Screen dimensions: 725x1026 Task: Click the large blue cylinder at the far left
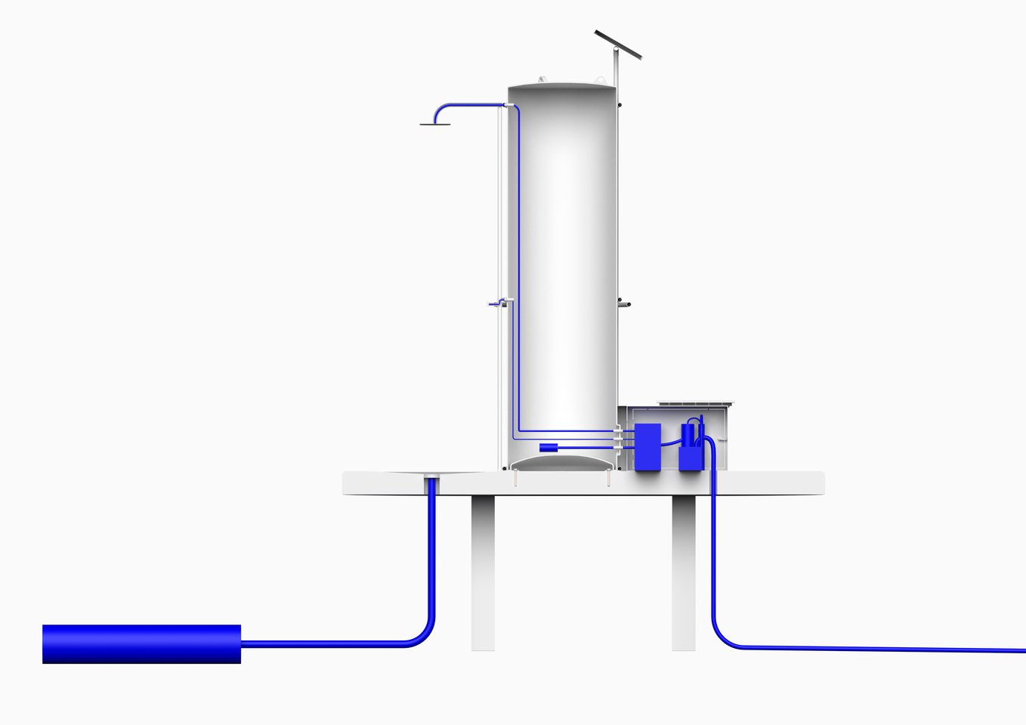click(141, 644)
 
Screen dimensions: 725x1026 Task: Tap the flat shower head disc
click(434, 123)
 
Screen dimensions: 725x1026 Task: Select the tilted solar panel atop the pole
click(618, 45)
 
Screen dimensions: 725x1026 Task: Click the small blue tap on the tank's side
click(495, 304)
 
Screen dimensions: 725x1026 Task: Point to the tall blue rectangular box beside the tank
click(647, 447)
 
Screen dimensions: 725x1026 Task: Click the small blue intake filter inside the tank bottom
click(548, 447)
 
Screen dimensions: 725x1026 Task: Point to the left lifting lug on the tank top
click(542, 79)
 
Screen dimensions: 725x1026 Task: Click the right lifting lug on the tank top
click(600, 79)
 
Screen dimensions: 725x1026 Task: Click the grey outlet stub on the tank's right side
click(624, 304)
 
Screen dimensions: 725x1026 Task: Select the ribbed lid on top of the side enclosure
click(695, 404)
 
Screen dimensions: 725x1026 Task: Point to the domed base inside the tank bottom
click(563, 460)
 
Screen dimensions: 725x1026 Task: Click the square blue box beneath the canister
click(691, 458)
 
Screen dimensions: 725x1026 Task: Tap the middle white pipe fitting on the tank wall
click(618, 438)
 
